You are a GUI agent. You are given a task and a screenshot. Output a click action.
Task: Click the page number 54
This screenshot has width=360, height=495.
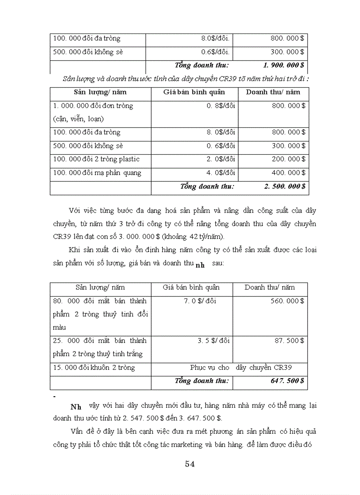coord(190,464)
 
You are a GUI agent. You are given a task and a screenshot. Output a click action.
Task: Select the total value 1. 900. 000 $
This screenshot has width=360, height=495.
coord(283,65)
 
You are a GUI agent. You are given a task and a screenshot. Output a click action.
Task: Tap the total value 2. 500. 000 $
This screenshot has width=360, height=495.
coord(285,186)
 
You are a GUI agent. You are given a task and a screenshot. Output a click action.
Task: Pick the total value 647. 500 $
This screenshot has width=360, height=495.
coord(287,380)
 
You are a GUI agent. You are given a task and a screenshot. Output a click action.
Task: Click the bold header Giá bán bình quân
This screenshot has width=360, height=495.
coord(194,92)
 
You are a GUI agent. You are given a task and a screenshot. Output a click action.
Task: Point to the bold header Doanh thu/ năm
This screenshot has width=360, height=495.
coord(273,92)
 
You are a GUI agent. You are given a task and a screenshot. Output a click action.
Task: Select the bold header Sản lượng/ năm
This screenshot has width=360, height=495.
coord(100,92)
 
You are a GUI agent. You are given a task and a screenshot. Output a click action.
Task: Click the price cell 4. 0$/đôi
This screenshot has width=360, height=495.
coord(221,173)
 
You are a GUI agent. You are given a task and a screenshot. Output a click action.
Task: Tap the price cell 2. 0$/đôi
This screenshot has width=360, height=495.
coord(221,159)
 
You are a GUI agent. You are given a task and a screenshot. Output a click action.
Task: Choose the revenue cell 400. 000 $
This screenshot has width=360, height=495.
coord(288,173)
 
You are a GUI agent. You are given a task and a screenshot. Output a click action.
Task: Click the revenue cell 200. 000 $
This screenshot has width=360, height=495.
coord(288,159)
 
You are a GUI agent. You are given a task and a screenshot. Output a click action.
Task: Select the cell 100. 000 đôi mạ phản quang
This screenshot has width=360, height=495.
coord(97,173)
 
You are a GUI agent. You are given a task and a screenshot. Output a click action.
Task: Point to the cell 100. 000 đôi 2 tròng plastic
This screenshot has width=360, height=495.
coord(96,159)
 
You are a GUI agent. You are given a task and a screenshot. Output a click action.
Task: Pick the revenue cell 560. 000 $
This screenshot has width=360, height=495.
coord(287,301)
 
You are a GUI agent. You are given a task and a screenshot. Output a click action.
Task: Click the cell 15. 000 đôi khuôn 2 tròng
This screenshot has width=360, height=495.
coord(94,367)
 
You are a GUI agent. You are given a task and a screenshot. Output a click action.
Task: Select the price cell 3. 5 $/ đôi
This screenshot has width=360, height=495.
coord(214,341)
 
